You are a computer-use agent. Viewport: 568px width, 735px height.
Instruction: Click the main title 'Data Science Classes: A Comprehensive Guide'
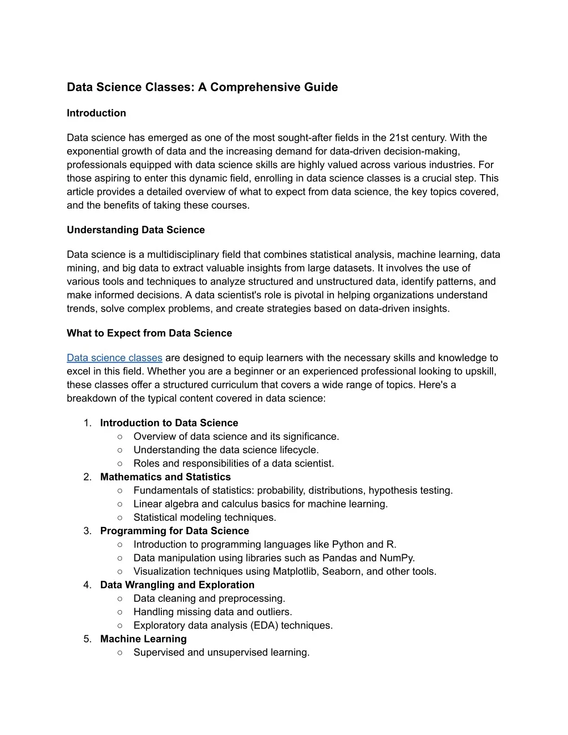click(202, 87)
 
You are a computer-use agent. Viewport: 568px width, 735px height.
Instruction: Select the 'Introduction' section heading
click(96, 113)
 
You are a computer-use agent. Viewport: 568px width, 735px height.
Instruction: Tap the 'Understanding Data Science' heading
click(135, 230)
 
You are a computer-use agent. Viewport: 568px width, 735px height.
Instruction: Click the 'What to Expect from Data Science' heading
click(149, 333)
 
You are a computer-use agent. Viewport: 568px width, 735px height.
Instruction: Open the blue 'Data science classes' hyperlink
click(114, 358)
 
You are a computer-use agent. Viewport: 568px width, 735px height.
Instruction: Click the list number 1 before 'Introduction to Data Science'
click(87, 423)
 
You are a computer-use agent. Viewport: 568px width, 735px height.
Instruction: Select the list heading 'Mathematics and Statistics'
click(165, 477)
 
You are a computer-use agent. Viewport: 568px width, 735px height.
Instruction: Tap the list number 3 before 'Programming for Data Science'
click(87, 531)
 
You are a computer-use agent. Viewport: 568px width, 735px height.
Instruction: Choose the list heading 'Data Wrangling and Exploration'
click(177, 585)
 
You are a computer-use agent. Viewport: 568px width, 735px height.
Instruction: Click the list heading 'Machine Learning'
click(143, 639)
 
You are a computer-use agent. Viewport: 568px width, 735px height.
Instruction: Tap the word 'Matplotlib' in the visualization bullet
click(295, 571)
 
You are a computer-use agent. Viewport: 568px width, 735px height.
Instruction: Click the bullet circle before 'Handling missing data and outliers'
click(120, 612)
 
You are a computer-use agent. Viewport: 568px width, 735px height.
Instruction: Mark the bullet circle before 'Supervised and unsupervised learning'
click(120, 652)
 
